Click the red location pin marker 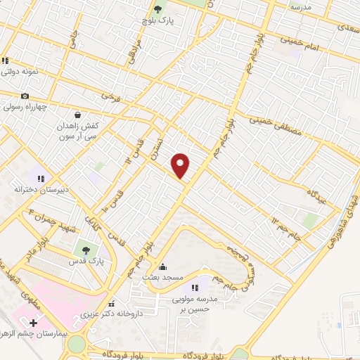(x=181, y=165)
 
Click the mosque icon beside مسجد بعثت (x=163, y=266)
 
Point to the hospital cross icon (x=33, y=323)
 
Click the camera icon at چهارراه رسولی (x=25, y=96)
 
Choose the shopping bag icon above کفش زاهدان (x=77, y=114)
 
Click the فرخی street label (x=108, y=94)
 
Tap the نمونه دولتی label (x=19, y=72)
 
